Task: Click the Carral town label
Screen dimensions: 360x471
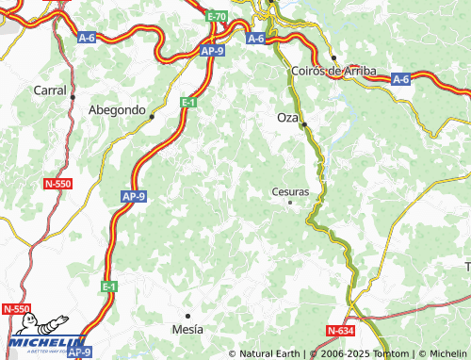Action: tap(50, 90)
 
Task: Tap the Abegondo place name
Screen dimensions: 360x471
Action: tap(116, 109)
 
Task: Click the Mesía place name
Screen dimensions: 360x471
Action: tap(187, 330)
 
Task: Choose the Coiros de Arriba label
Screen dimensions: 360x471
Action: tap(334, 71)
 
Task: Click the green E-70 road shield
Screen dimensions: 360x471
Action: tap(216, 17)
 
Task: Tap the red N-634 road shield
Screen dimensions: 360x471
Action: tap(341, 331)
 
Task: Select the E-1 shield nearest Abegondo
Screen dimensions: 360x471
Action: tap(188, 102)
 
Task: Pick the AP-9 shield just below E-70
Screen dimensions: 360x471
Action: tap(213, 53)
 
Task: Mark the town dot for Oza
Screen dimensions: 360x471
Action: tap(303, 124)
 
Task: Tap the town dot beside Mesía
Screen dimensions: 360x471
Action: tap(187, 316)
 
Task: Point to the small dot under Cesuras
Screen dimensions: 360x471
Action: tap(290, 202)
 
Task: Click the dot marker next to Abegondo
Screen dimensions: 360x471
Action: tap(152, 117)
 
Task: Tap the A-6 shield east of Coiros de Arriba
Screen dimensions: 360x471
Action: tap(400, 79)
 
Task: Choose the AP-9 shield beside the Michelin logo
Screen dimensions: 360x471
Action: tap(79, 352)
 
